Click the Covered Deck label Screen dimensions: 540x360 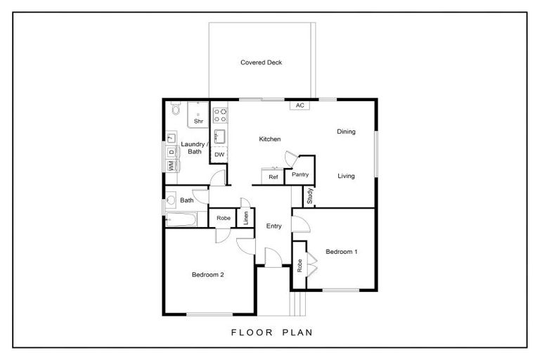pos(261,63)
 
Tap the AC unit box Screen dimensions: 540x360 pos(300,105)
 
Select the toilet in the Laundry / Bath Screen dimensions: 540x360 pos(176,108)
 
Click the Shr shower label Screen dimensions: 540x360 pos(198,121)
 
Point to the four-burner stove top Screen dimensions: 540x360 pos(219,115)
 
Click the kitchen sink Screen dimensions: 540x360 pos(219,136)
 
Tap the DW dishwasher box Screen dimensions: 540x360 pos(219,155)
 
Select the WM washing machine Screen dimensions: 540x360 pos(171,165)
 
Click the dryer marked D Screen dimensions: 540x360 pos(171,152)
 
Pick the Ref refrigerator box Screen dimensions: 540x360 pos(273,176)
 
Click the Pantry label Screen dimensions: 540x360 pos(300,174)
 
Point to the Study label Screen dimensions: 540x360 pos(309,195)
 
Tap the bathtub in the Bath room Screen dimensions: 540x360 pos(181,219)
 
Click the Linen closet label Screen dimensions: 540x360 pos(245,218)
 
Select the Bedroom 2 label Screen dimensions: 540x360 pos(207,274)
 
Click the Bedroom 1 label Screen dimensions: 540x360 pos(341,252)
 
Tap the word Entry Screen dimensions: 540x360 pos(274,226)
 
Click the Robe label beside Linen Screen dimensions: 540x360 pos(224,218)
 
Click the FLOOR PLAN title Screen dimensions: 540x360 pos(272,333)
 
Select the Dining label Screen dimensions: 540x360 pos(346,131)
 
